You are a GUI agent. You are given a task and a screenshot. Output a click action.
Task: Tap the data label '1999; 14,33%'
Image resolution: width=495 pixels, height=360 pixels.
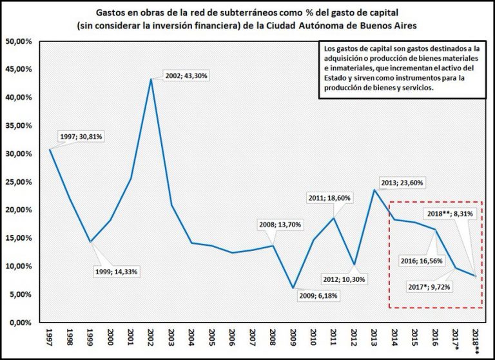pos(117,272)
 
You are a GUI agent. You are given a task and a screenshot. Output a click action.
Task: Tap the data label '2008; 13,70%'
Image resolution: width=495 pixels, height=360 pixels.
pos(277,225)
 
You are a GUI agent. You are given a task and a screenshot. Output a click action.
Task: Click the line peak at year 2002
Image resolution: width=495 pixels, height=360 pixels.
pos(151,79)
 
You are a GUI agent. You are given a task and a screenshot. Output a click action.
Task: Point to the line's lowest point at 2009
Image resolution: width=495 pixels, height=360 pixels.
pos(293,288)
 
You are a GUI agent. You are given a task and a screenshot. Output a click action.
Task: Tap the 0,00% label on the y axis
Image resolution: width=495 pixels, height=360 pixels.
pos(21,323)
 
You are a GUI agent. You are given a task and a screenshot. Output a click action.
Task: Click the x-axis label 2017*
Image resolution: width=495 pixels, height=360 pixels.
pos(456,341)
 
